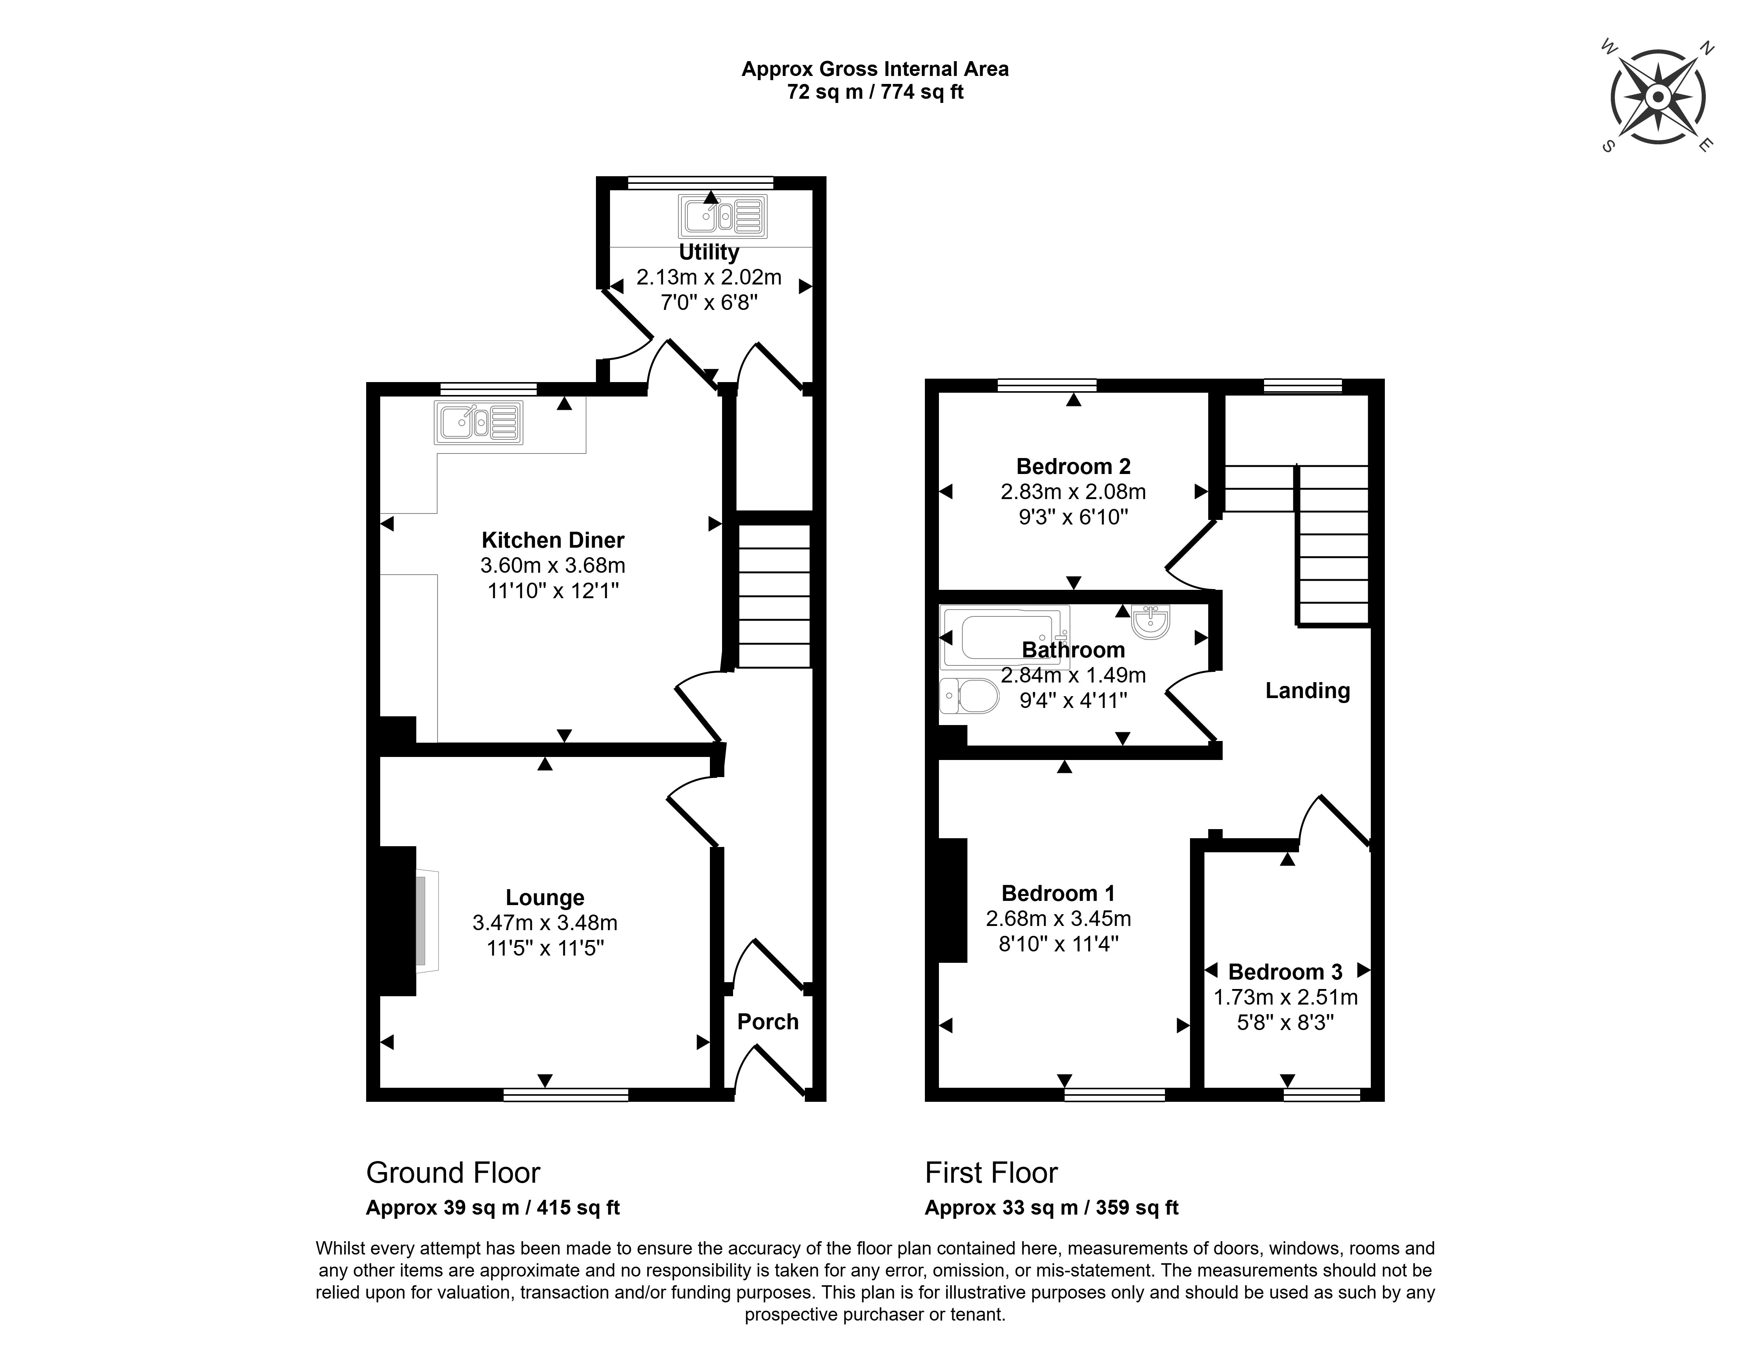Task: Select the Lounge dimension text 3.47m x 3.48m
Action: click(x=545, y=923)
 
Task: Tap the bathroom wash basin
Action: click(x=1151, y=622)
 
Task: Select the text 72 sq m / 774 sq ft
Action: click(x=875, y=92)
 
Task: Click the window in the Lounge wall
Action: click(x=566, y=1094)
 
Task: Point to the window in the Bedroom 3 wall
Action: click(x=1322, y=1094)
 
